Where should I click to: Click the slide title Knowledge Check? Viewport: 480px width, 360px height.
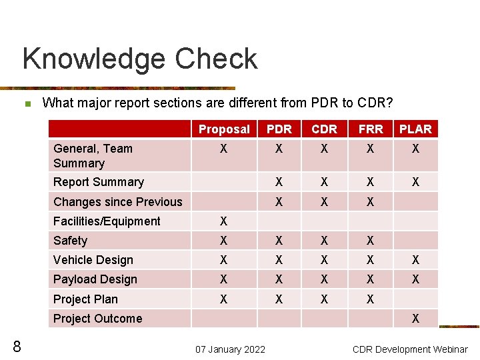point(139,59)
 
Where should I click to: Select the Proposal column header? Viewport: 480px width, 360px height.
point(224,129)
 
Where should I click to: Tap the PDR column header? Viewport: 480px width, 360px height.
point(279,129)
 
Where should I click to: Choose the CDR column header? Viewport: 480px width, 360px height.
point(324,129)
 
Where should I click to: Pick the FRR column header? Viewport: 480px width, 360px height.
point(370,129)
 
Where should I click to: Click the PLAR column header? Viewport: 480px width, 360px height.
point(415,129)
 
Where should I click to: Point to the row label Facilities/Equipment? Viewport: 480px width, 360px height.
point(107,221)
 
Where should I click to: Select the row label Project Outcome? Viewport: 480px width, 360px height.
point(97,319)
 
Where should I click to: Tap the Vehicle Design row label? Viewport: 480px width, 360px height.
point(93,260)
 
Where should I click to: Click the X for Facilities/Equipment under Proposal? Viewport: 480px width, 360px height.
point(224,221)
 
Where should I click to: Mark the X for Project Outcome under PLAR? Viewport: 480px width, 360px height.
point(415,319)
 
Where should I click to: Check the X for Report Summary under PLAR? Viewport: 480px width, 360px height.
point(415,182)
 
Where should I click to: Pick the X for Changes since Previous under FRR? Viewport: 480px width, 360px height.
point(370,202)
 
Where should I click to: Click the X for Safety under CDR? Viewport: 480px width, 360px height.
point(324,241)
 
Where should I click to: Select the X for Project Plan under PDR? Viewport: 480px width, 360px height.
point(279,299)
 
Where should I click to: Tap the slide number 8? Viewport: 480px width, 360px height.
point(17,346)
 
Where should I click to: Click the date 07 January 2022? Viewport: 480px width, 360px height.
point(230,349)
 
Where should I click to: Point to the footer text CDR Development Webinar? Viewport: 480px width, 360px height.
point(410,349)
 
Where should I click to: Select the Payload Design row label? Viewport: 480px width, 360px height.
point(95,279)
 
